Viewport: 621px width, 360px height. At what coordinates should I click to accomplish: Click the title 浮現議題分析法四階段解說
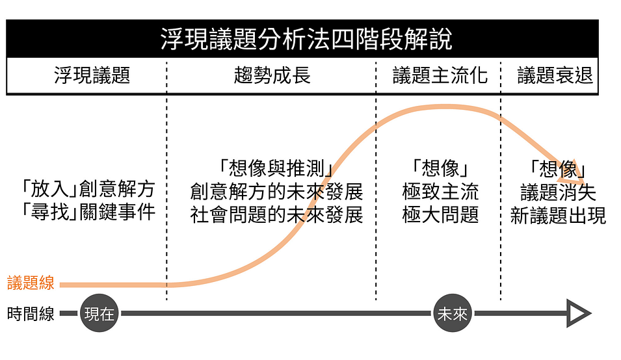(306, 39)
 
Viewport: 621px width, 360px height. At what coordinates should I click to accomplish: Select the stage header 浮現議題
(92, 75)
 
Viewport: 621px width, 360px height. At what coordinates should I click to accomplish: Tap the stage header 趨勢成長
(272, 75)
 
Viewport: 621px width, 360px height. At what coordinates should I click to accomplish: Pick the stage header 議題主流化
(440, 75)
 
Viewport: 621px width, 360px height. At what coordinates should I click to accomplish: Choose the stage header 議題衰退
(555, 75)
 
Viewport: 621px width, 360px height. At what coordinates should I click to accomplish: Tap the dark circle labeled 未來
(452, 315)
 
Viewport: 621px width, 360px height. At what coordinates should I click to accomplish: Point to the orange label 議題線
(31, 283)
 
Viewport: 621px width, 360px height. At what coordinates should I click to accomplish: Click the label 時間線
(31, 315)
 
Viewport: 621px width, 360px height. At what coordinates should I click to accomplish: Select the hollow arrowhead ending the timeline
(578, 315)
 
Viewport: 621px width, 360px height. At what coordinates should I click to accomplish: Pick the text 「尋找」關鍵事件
(88, 212)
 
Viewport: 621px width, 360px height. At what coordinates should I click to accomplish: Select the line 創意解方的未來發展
(276, 192)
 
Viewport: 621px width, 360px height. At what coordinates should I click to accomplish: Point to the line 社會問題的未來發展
(276, 215)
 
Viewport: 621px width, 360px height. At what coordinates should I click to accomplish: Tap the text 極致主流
(440, 192)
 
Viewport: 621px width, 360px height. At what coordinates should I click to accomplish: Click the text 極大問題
(440, 215)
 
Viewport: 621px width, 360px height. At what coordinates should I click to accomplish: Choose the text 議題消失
(558, 192)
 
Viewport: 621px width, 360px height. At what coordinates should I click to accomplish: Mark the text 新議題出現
(558, 215)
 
